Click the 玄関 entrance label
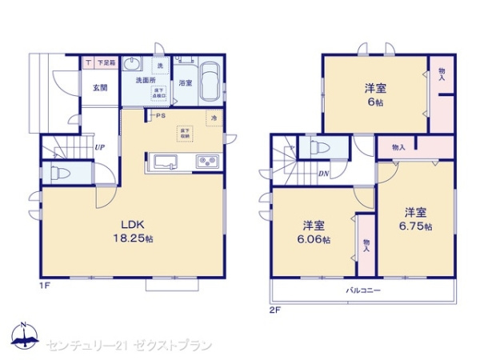(x=99, y=87)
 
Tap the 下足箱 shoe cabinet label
(x=106, y=62)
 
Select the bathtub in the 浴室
(x=211, y=82)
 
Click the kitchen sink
(x=165, y=163)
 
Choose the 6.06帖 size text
(x=312, y=238)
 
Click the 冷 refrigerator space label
(x=214, y=118)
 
